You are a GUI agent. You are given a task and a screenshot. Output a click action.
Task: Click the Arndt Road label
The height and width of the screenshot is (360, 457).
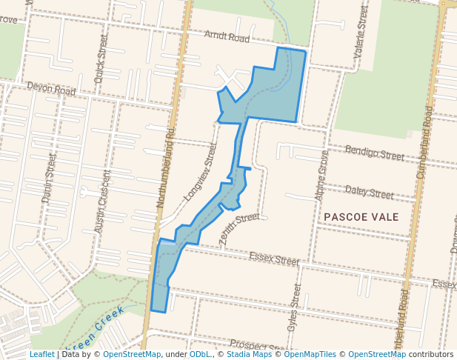click(227, 37)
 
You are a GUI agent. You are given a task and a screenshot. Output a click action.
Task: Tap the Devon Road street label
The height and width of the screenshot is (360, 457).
click(52, 89)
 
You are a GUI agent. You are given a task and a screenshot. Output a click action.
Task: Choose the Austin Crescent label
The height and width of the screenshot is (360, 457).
click(103, 201)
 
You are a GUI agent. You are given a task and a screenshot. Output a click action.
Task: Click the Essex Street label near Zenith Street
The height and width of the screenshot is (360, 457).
click(274, 259)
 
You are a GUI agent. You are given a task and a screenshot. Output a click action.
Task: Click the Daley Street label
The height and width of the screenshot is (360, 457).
click(369, 193)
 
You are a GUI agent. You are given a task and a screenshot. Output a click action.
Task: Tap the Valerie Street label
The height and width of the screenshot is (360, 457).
click(361, 33)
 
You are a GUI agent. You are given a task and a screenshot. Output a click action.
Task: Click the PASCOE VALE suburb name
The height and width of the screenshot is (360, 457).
click(361, 217)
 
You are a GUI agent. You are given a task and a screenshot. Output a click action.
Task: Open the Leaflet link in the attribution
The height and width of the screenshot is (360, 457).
click(41, 355)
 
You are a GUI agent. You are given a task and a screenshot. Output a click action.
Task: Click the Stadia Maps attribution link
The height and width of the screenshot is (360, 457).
click(247, 355)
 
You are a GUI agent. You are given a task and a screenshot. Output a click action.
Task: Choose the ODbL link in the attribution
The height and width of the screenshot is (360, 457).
click(200, 355)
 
